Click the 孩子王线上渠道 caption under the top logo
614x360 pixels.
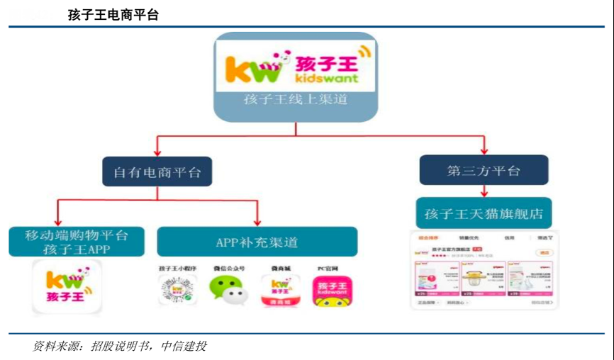pyautogui.click(x=296, y=100)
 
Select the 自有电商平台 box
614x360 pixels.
pyautogui.click(x=157, y=171)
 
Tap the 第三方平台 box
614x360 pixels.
pyautogui.click(x=484, y=170)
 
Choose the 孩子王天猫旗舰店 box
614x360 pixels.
pyautogui.click(x=484, y=213)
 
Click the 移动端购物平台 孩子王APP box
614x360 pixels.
pyautogui.click(x=77, y=242)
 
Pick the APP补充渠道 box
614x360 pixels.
pyautogui.click(x=257, y=242)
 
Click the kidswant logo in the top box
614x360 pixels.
pyautogui.click(x=296, y=65)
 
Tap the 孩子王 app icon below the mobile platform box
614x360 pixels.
pyautogui.click(x=67, y=287)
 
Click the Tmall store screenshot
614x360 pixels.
pyautogui.click(x=484, y=270)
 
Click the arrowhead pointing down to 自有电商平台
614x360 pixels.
pyautogui.click(x=157, y=152)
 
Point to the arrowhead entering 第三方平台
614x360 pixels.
pyautogui.click(x=484, y=150)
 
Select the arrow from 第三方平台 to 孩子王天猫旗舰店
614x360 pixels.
pyautogui.click(x=484, y=191)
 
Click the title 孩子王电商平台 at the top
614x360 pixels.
pyautogui.click(x=113, y=15)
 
